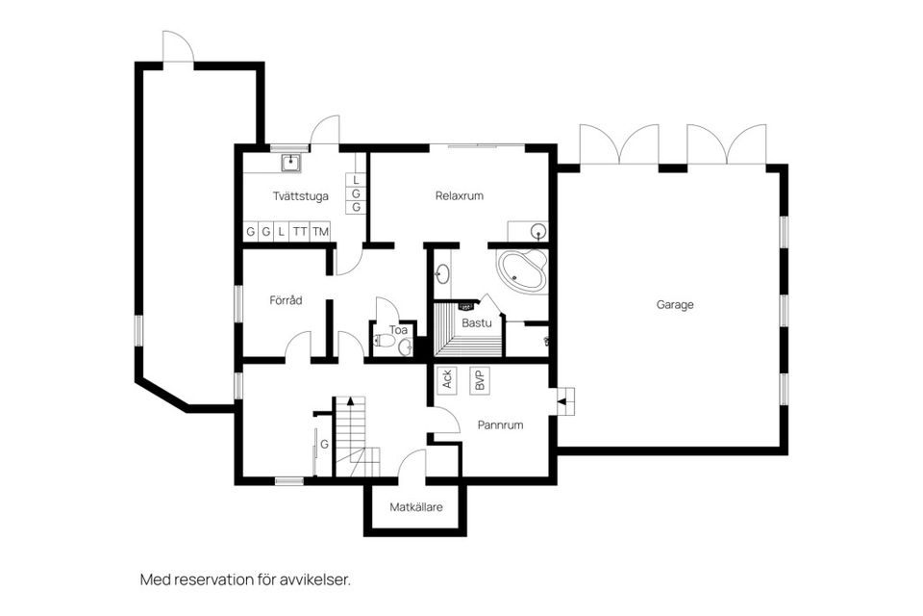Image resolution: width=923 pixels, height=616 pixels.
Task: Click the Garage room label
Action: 674,304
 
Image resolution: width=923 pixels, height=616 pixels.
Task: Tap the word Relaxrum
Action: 459,195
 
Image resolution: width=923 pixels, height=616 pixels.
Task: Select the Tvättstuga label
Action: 301,195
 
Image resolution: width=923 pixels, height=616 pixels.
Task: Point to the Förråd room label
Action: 286,300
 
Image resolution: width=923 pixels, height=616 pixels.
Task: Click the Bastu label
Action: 477,322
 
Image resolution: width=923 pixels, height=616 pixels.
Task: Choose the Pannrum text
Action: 500,423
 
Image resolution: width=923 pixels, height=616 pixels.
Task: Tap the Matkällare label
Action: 416,507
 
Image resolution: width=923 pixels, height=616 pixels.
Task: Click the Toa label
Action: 398,330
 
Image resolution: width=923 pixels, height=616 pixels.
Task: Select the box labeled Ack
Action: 447,379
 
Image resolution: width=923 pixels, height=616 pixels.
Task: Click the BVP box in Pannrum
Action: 478,379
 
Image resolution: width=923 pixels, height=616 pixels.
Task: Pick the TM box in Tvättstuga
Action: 320,232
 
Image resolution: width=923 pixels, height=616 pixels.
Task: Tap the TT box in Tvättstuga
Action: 300,232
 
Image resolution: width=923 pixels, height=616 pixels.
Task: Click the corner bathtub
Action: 521,269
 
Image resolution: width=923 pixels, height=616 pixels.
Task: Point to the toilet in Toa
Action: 387,340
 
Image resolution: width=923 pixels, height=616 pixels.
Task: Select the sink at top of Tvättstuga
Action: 288,162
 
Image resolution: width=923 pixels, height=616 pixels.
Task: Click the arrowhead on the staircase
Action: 350,400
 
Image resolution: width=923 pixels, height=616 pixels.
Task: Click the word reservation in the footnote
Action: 228,579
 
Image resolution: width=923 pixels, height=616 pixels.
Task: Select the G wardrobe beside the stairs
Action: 325,445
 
